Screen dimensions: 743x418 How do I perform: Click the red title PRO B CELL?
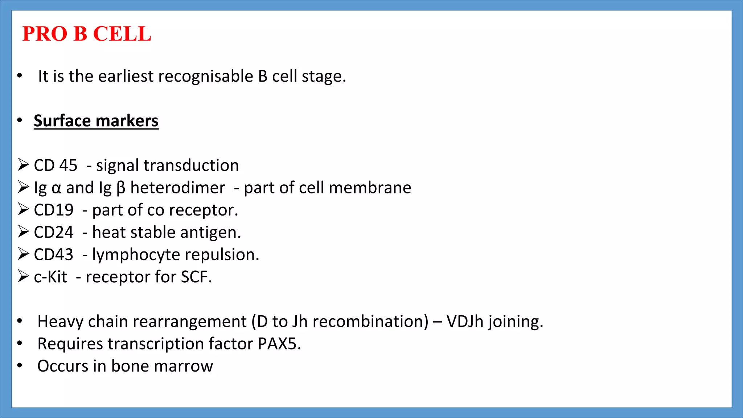point(87,34)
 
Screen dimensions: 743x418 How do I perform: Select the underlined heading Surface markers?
point(96,121)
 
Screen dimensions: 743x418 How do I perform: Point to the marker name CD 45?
point(56,165)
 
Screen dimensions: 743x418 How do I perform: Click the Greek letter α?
point(57,188)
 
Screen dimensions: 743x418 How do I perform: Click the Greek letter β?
point(121,188)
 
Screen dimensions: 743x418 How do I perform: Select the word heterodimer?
point(178,188)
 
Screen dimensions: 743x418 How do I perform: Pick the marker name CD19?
point(54,210)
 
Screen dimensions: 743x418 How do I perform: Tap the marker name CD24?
point(54,232)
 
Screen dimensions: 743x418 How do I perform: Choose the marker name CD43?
point(54,255)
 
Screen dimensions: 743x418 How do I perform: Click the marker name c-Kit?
point(50,277)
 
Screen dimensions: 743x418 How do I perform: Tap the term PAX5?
point(279,344)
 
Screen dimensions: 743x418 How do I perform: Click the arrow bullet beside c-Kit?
point(23,276)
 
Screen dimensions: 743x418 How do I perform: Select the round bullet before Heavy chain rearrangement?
point(20,321)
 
